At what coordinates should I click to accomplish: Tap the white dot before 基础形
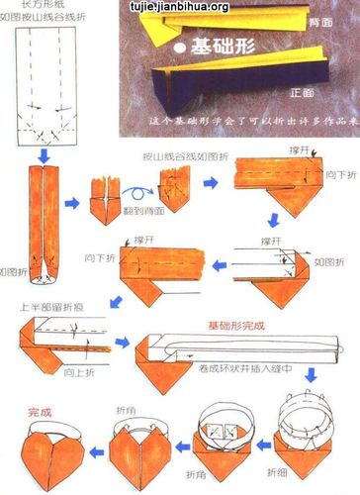177,48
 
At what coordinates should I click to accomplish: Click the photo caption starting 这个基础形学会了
242,119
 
